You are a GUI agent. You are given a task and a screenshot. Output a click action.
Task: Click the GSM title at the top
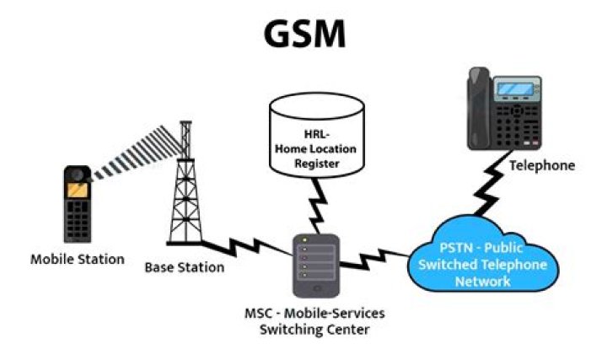[x=304, y=34]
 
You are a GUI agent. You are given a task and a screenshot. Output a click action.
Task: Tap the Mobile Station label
[x=78, y=259]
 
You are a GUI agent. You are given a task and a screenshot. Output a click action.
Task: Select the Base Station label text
[x=185, y=267]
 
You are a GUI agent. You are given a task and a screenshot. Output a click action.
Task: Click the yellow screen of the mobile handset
[x=78, y=190]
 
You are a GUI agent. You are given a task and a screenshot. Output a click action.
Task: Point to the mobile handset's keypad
[x=78, y=218]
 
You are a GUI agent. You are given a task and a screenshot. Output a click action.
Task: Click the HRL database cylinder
[x=317, y=135]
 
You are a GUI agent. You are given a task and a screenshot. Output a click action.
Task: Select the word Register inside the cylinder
[x=317, y=164]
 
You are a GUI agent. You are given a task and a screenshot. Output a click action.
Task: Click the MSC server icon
[x=316, y=266]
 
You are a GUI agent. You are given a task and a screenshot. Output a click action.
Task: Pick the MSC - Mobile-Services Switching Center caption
[x=314, y=321]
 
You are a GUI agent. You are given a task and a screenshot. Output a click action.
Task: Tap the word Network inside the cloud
[x=483, y=282]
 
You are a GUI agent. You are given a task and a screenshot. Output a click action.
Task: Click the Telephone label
[x=542, y=166]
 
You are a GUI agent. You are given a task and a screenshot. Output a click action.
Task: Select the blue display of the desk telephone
[x=516, y=89]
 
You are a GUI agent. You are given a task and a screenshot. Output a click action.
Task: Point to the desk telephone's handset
[x=479, y=109]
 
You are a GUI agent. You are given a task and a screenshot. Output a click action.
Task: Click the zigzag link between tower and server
[x=248, y=248]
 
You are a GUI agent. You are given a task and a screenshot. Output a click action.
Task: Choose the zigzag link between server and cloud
[x=373, y=260]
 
